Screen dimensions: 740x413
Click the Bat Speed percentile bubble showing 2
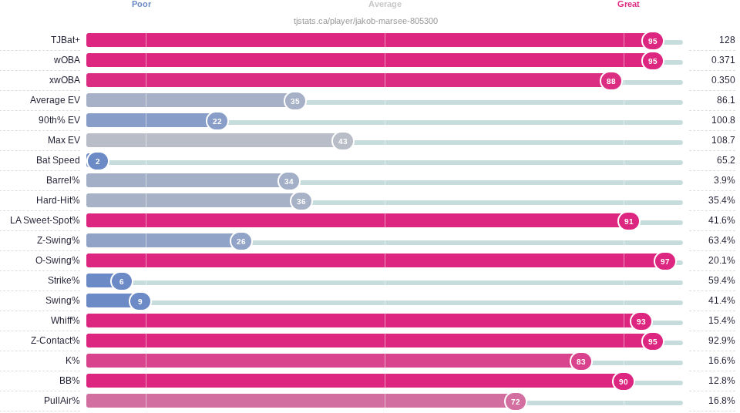click(x=98, y=161)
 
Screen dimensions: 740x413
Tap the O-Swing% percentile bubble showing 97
click(x=665, y=261)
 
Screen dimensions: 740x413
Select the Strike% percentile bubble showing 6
click(x=121, y=282)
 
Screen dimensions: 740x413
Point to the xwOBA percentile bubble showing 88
click(x=611, y=81)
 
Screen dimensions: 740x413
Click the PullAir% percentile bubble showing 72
click(x=516, y=401)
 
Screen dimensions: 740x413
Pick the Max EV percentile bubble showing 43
click(x=342, y=141)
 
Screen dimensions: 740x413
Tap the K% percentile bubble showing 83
click(x=581, y=362)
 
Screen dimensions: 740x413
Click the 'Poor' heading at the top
click(x=142, y=5)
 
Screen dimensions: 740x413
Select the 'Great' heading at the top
click(x=629, y=5)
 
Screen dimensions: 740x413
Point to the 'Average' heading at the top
click(x=385, y=5)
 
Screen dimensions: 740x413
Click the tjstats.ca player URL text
click(x=365, y=22)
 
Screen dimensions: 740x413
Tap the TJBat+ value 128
click(x=727, y=40)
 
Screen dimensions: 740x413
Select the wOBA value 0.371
click(x=723, y=60)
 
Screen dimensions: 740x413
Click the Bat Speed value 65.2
click(x=726, y=160)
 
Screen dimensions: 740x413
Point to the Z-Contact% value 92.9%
click(x=721, y=341)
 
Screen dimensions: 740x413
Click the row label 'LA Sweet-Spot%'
click(x=45, y=220)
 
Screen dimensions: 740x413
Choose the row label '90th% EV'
click(x=59, y=120)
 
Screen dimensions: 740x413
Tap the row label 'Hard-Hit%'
click(x=58, y=200)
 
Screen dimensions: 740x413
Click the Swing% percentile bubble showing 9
click(x=140, y=301)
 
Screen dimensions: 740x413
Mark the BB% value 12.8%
click(x=721, y=381)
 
